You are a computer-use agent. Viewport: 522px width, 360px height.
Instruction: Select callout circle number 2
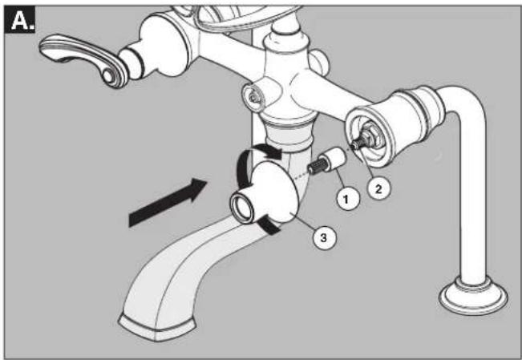379,188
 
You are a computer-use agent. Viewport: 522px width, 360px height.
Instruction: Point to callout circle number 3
324,237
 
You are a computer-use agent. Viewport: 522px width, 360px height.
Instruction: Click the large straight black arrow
168,203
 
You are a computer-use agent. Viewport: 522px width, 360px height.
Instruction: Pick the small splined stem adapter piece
326,160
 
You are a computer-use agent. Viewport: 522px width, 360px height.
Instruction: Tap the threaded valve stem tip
358,144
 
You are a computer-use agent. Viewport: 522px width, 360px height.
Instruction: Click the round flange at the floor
473,297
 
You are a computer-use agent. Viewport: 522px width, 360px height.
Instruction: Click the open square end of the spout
156,328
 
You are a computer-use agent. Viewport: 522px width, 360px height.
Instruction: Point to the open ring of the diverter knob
241,208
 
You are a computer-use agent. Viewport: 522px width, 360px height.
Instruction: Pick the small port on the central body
253,95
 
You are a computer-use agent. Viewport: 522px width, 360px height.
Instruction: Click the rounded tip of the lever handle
109,75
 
